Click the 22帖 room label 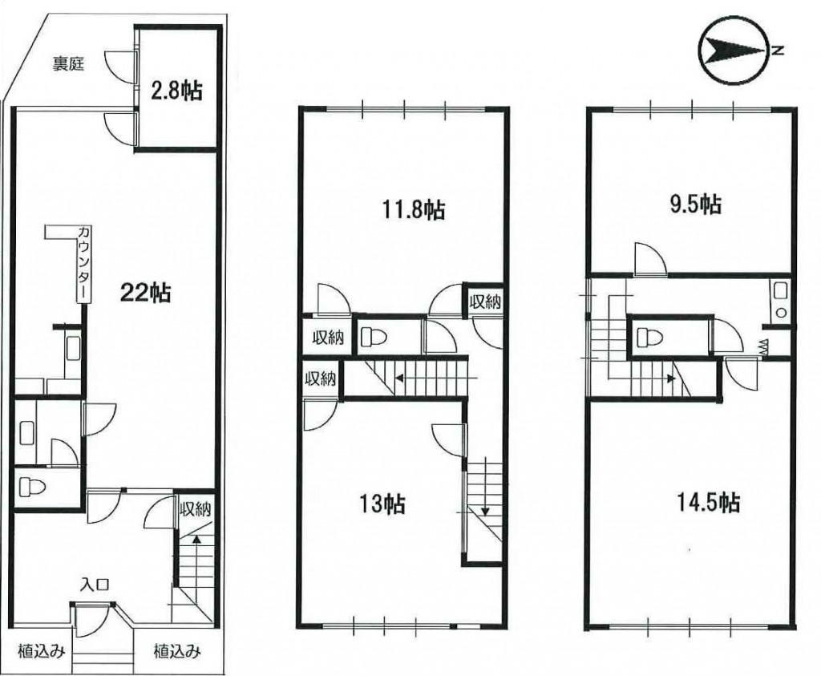point(144,292)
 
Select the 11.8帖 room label point(411,209)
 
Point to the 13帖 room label point(381,504)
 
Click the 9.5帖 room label point(695,204)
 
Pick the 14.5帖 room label point(708,502)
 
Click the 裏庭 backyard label point(68,64)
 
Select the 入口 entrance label point(95,585)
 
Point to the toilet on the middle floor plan point(374,337)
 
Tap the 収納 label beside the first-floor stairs point(196,509)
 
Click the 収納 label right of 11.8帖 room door point(485,301)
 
